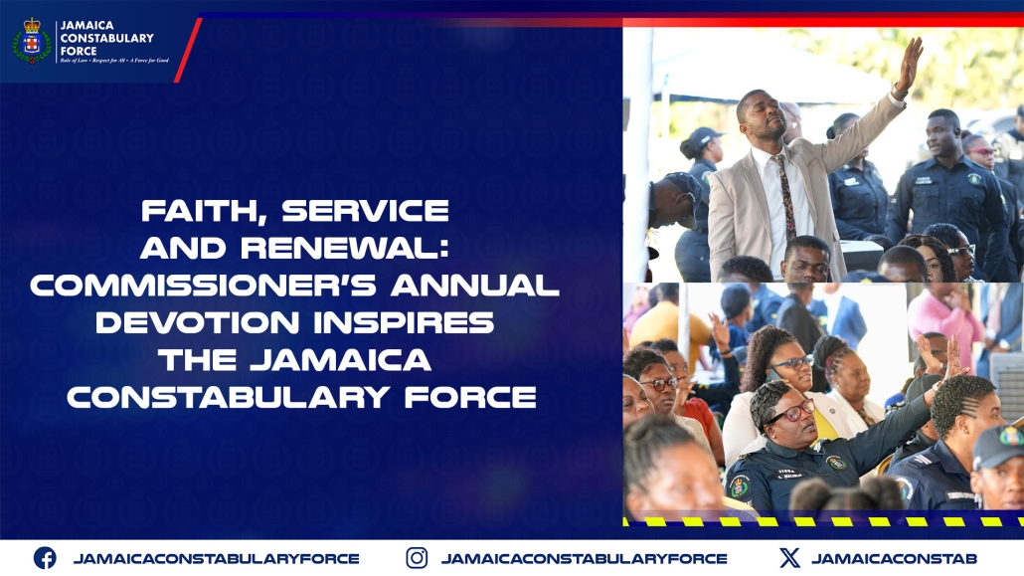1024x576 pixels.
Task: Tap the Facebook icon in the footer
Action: [x=45, y=558]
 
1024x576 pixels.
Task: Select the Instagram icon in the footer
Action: [x=417, y=558]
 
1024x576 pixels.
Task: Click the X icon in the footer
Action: [x=789, y=558]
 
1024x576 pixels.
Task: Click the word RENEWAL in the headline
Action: [x=359, y=249]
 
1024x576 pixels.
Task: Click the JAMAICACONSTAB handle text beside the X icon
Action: [x=894, y=558]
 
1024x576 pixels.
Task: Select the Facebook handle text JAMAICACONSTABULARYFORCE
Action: [x=216, y=558]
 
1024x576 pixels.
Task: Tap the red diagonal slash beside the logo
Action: [x=188, y=50]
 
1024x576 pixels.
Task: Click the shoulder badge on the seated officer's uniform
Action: [x=740, y=486]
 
